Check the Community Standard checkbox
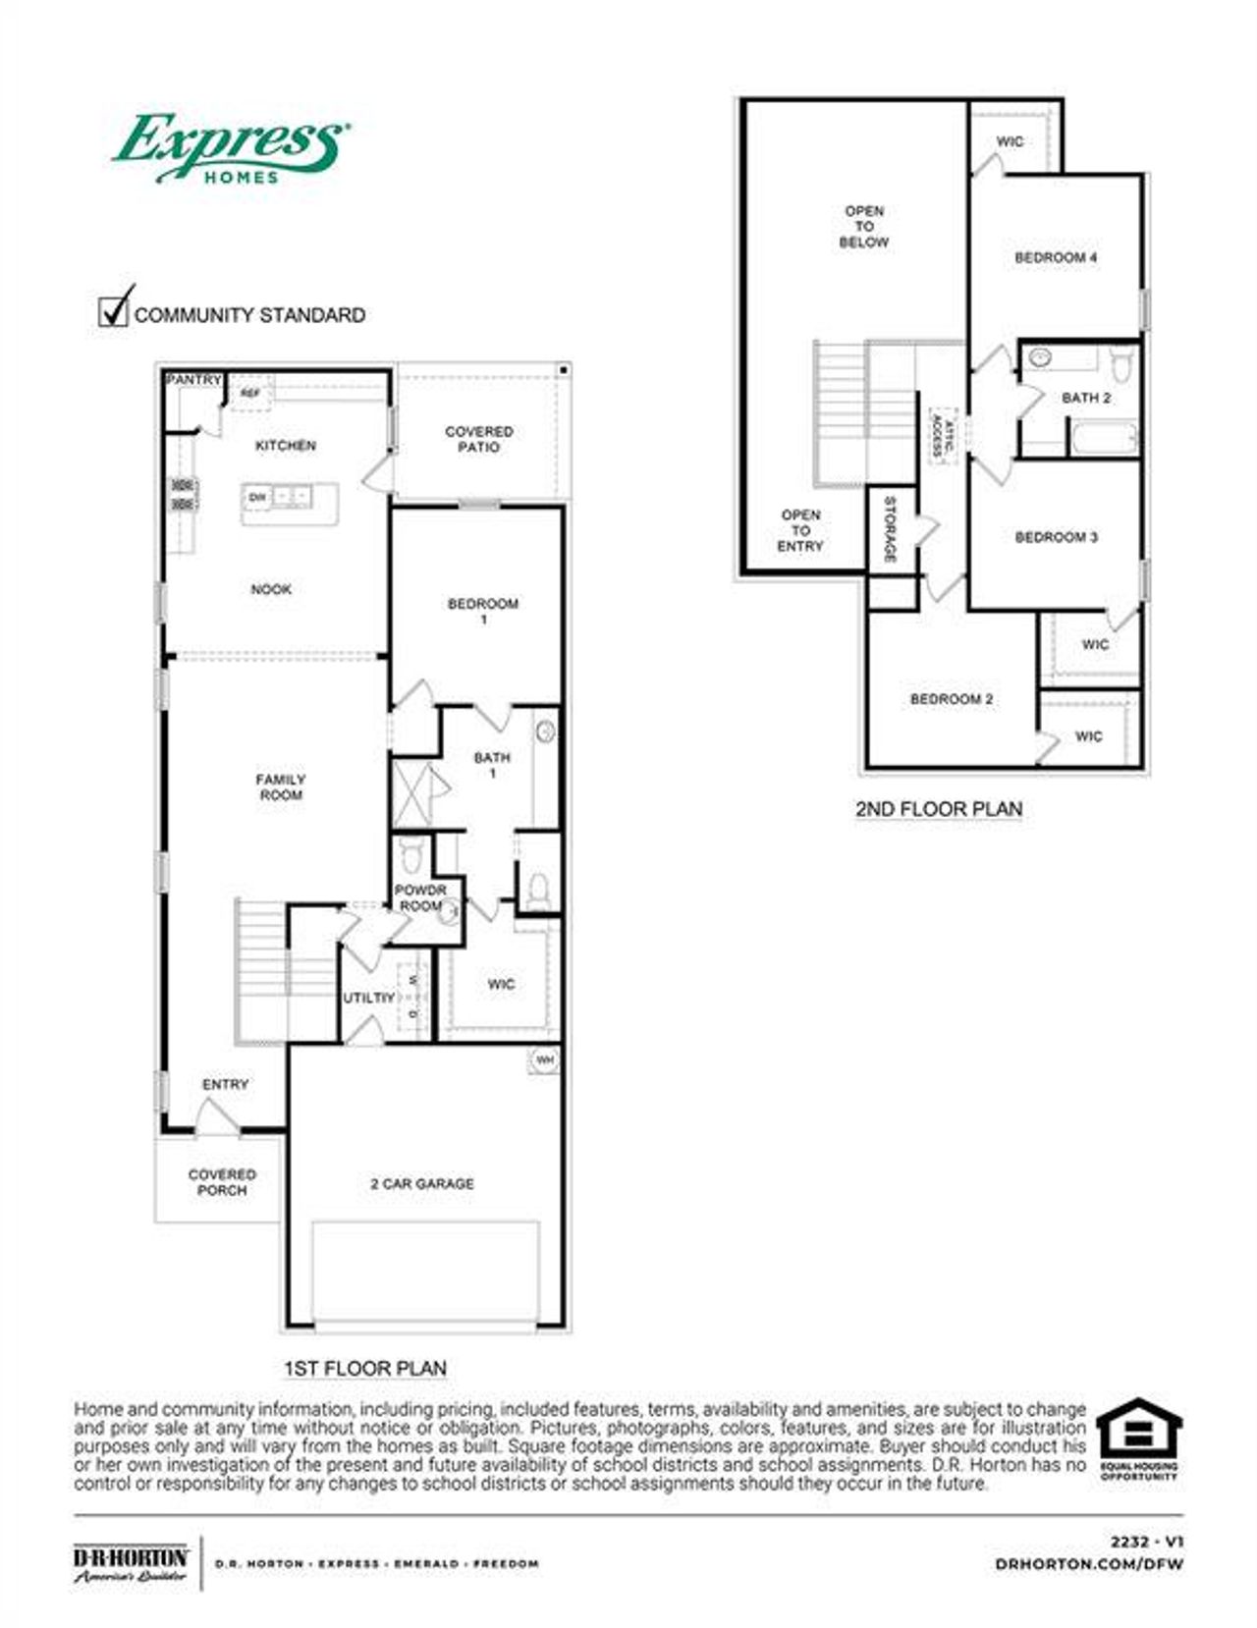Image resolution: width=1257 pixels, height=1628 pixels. (115, 308)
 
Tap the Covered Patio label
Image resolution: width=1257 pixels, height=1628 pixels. (478, 439)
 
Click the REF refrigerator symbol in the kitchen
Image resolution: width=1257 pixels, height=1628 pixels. (250, 393)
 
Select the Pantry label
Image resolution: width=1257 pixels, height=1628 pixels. (193, 380)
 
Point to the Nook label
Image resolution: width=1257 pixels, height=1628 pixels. (271, 589)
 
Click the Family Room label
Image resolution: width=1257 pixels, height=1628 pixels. (281, 787)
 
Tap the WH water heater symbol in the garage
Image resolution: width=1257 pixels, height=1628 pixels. (544, 1060)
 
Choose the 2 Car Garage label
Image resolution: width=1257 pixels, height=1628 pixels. (422, 1184)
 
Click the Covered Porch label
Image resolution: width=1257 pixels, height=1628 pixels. (222, 1182)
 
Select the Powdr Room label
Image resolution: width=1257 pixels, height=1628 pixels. (420, 897)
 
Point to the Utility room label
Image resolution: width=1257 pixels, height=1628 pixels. (368, 998)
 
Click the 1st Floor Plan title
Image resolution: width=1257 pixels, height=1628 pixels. (365, 1368)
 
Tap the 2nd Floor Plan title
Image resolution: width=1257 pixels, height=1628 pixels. (939, 809)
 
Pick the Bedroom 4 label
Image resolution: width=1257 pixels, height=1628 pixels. (1056, 257)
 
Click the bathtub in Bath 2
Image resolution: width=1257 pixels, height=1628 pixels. (1104, 437)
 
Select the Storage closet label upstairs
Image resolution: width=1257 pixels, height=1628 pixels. (890, 529)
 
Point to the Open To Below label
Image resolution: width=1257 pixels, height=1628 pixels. (864, 226)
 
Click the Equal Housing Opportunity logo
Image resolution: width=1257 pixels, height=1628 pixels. (1139, 1438)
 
